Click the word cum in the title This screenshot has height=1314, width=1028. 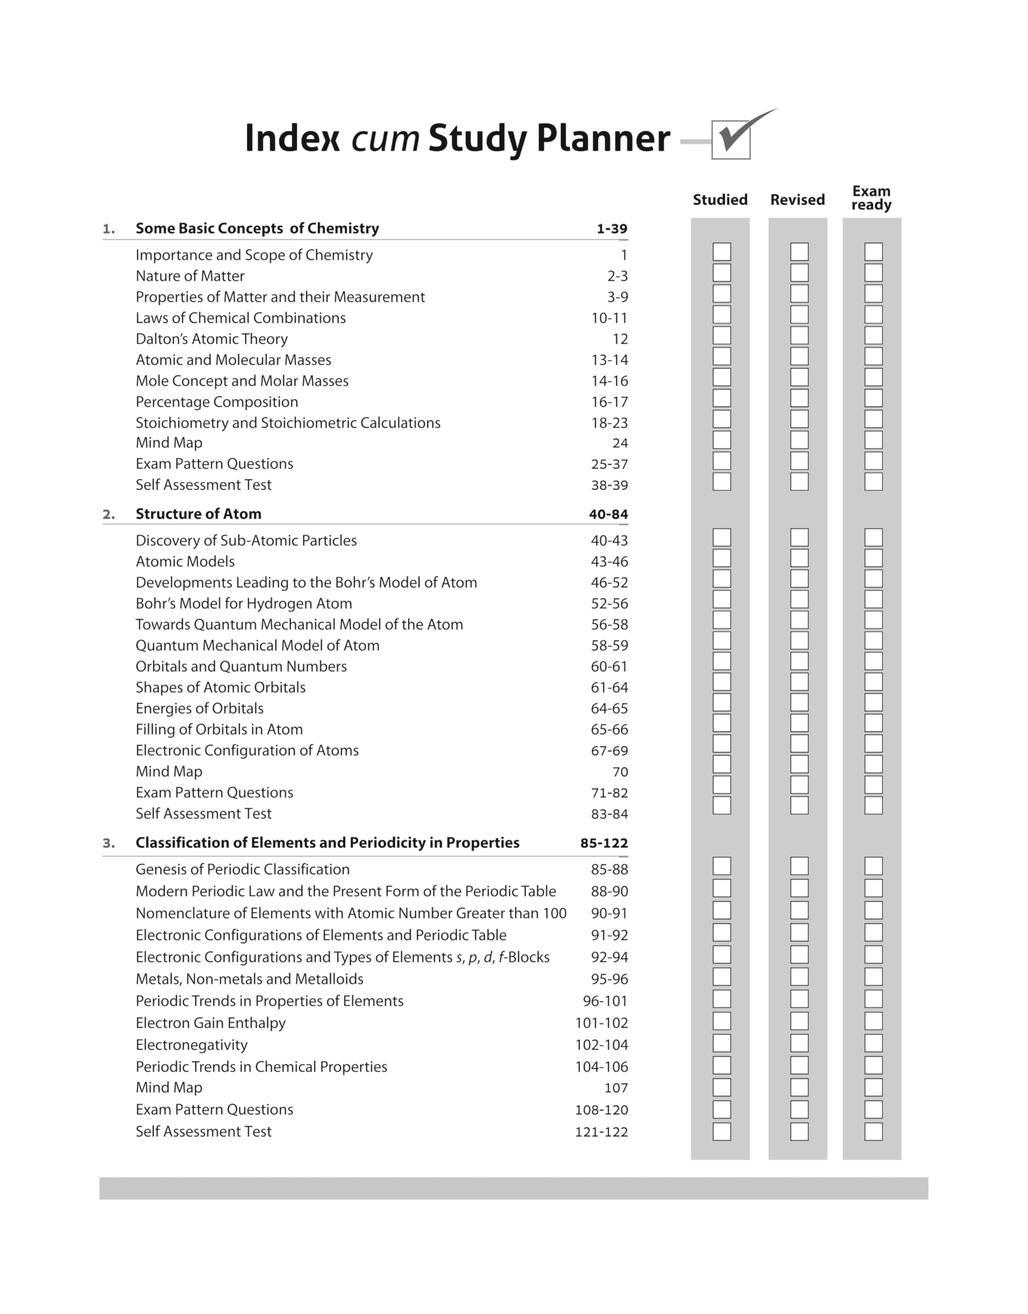click(x=385, y=139)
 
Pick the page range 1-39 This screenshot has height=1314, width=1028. click(x=611, y=229)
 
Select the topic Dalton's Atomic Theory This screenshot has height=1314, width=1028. click(x=211, y=339)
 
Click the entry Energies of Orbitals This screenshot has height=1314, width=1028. click(x=199, y=708)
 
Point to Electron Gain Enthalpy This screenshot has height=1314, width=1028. click(x=210, y=1023)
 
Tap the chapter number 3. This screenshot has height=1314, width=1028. click(x=108, y=843)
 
